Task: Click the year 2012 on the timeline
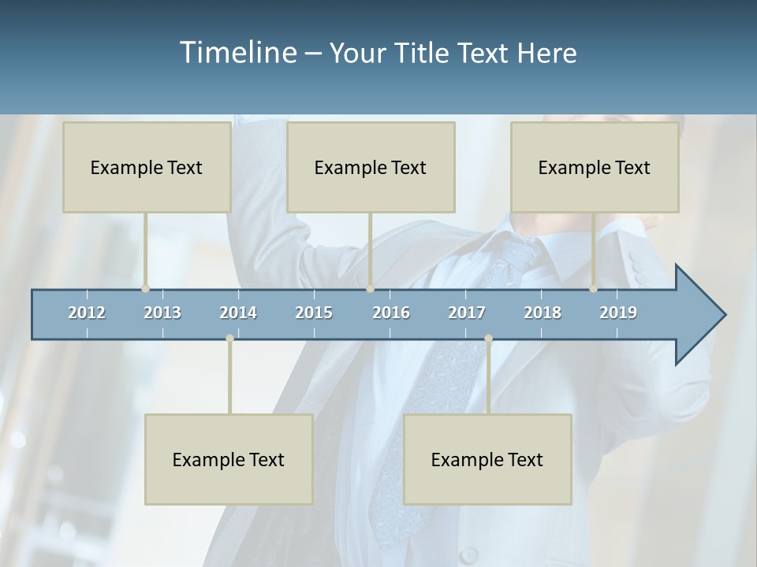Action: (x=87, y=313)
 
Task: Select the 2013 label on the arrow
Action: (x=162, y=313)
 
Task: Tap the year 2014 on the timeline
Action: (x=238, y=313)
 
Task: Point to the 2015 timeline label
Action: (x=314, y=313)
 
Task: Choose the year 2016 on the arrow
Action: (x=391, y=313)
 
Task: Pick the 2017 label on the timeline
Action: (x=467, y=313)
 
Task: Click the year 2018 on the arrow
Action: (x=543, y=313)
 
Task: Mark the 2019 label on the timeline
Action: (x=618, y=313)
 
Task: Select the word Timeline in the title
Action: (x=237, y=53)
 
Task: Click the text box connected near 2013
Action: (x=147, y=167)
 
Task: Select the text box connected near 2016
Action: (x=371, y=167)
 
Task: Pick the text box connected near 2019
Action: (x=595, y=167)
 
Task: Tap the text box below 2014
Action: (x=229, y=459)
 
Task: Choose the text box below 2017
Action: (x=487, y=459)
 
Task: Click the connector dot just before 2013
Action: (x=145, y=289)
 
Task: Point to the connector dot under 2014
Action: (x=229, y=339)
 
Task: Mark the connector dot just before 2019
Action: (x=593, y=289)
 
